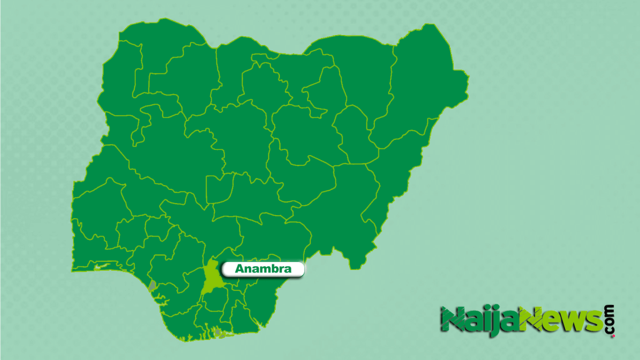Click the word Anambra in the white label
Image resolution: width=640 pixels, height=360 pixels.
click(x=263, y=269)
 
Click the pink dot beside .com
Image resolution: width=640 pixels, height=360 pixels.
click(x=612, y=336)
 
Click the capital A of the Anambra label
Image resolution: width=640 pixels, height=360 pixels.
click(x=239, y=269)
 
